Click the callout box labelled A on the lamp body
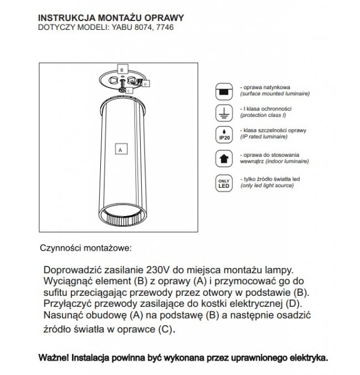pos(119,148)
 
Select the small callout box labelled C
pos(128,90)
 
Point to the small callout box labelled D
pos(145,85)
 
